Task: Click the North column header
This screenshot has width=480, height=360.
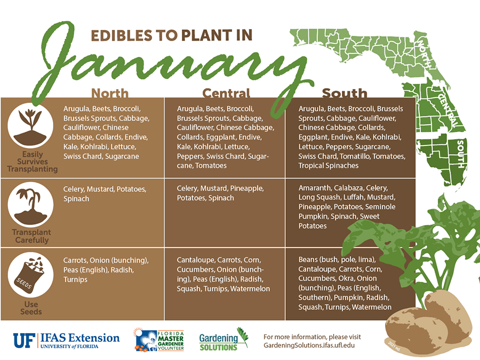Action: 110,93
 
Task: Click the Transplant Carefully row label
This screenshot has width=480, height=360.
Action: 32,236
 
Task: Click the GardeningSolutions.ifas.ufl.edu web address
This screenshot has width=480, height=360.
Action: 309,346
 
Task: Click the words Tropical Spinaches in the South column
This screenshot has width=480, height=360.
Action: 328,165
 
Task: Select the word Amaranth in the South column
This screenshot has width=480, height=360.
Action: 315,188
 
